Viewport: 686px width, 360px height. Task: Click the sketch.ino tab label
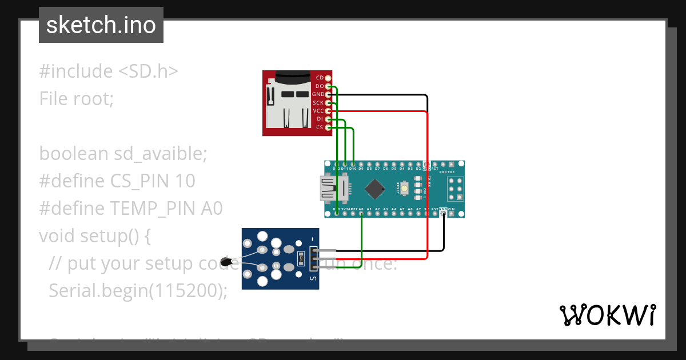tap(101, 25)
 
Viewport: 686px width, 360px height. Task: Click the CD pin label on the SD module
tap(320, 77)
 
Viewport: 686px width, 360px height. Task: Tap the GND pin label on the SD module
tap(318, 94)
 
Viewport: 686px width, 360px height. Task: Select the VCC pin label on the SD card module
tap(318, 110)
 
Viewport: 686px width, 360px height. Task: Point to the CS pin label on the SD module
tap(320, 127)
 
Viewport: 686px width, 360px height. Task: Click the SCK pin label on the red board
tap(318, 102)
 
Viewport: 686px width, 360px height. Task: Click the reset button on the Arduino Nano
tap(404, 188)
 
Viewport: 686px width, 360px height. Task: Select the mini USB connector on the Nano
tap(328, 189)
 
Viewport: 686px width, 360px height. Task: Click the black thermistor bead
tap(228, 262)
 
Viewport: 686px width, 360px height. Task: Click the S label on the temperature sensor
tap(312, 279)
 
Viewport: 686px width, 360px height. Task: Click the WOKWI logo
tap(607, 315)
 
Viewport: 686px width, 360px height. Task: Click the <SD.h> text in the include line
tap(149, 71)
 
